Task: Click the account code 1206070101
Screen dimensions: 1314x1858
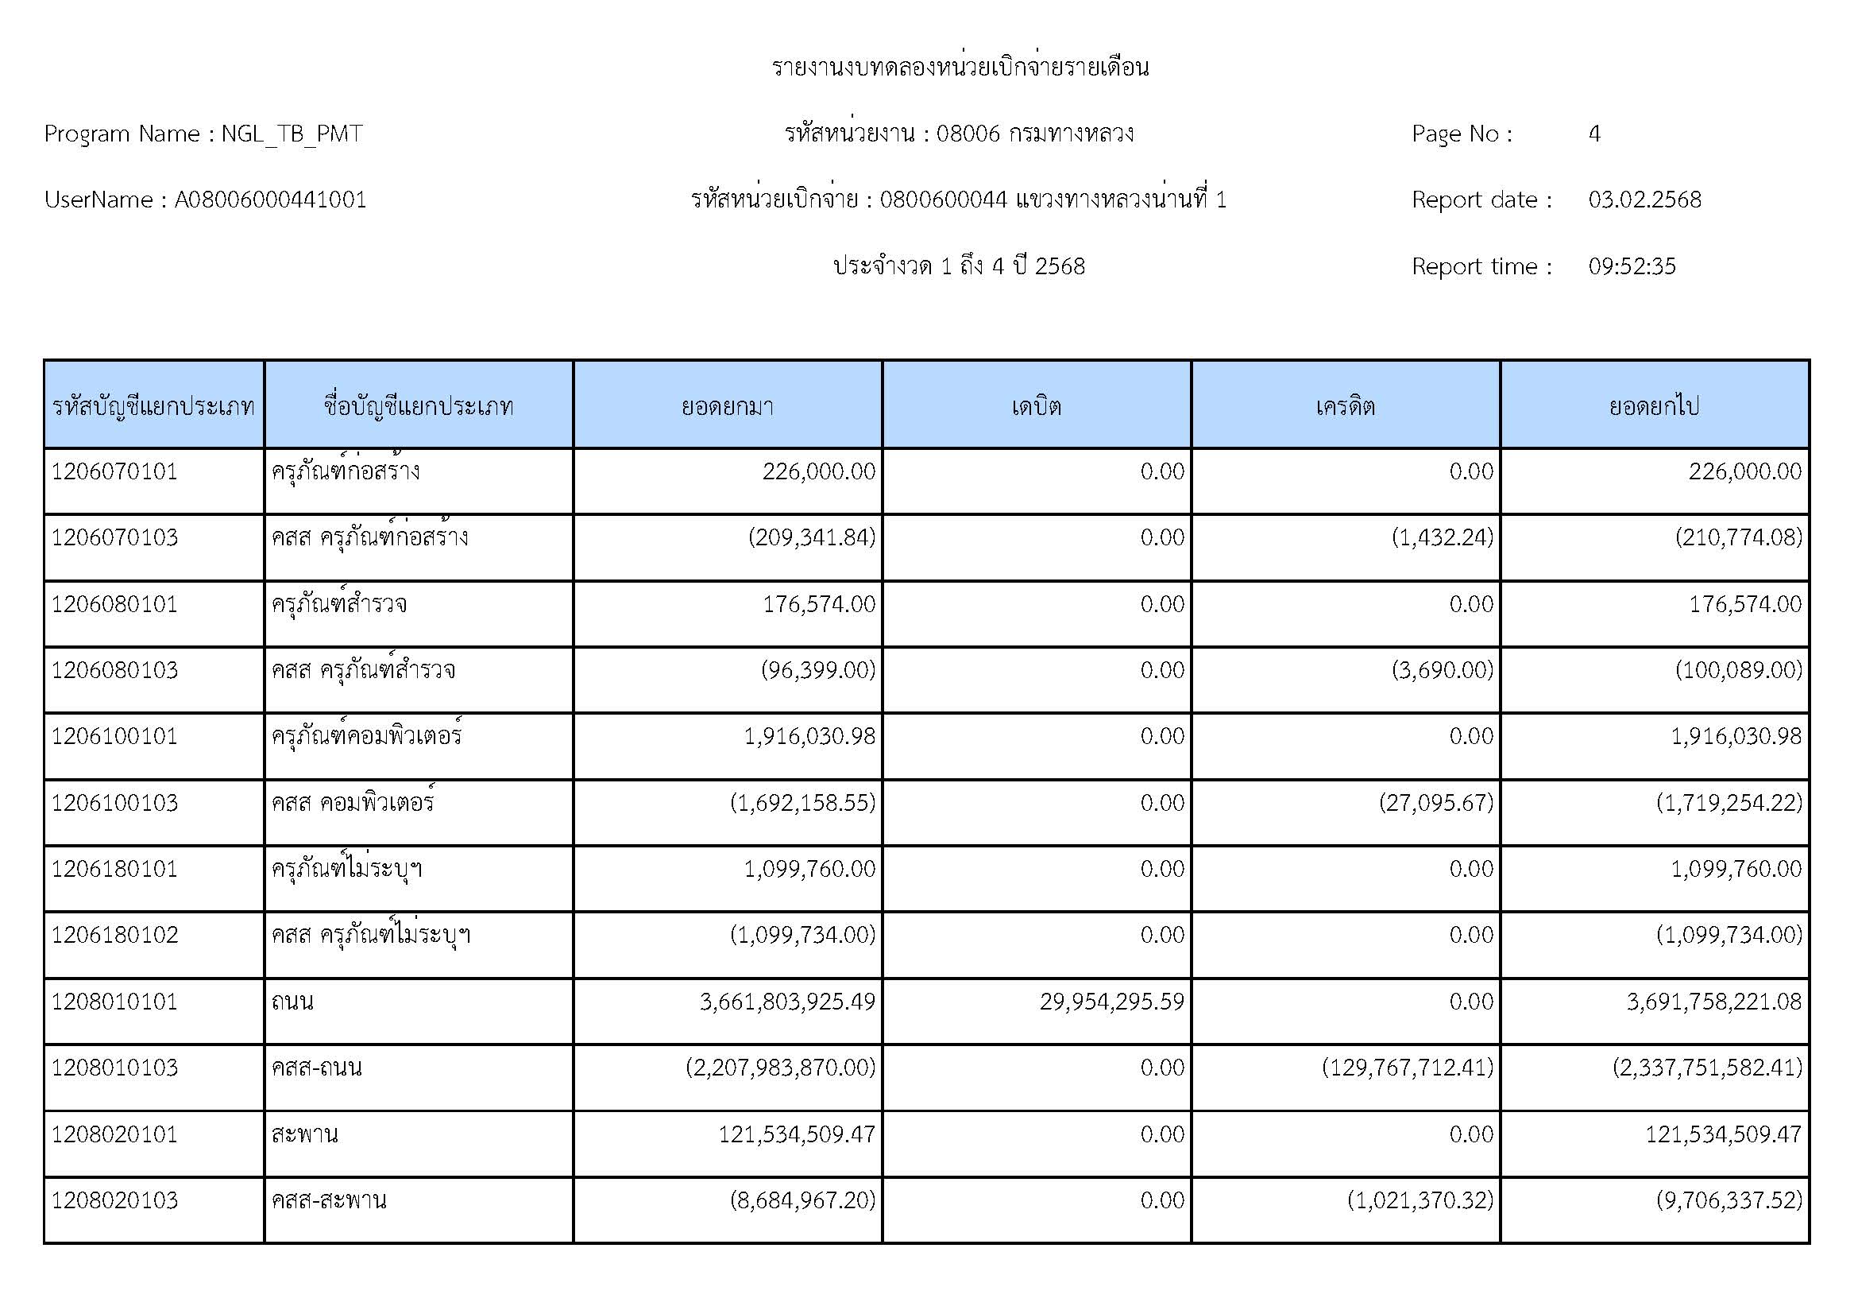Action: coord(114,471)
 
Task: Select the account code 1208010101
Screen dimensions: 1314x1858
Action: coord(114,1002)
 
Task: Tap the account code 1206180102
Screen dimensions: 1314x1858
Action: coord(114,935)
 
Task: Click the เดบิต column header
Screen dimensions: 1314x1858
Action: coord(1036,405)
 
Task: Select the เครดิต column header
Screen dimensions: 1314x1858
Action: coord(1345,405)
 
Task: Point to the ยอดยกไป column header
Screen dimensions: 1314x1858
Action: coord(1653,405)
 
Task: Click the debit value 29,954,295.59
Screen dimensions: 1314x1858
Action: coord(1111,1002)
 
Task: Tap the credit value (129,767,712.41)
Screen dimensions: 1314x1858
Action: coord(1408,1068)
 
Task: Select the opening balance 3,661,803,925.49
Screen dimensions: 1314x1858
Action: coord(786,1002)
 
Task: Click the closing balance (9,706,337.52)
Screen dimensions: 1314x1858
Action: coord(1729,1200)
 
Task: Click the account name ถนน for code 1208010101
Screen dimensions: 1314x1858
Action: coord(292,1002)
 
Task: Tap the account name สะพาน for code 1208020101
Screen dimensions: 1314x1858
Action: coord(304,1134)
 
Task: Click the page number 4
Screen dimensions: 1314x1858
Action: coord(1594,134)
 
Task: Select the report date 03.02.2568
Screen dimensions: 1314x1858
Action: coord(1644,200)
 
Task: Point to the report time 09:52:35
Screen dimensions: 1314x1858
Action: coord(1632,266)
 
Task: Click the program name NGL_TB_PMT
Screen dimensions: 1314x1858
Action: coord(292,134)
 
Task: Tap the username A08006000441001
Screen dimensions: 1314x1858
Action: coord(270,200)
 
